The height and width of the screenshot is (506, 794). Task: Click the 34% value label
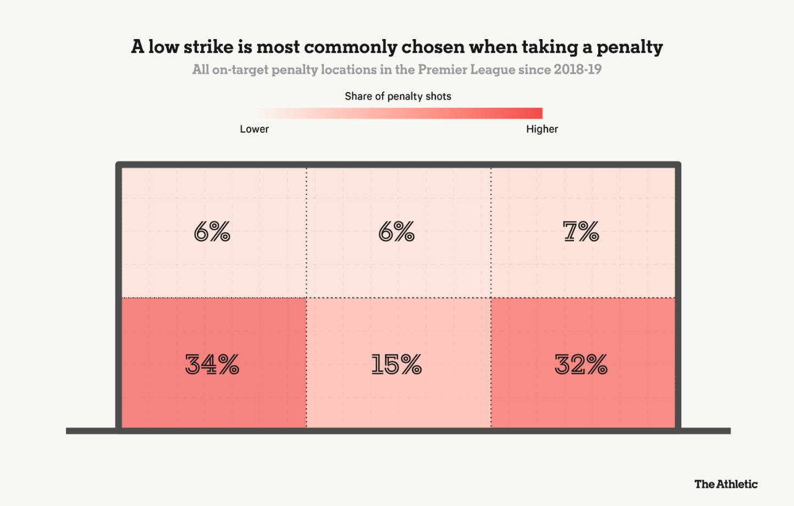pos(212,364)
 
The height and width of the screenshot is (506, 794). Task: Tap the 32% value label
pos(581,364)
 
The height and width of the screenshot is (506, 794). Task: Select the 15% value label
pos(396,364)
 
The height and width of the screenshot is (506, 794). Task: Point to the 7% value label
pos(581,232)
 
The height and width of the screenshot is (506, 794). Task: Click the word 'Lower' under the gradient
pos(254,129)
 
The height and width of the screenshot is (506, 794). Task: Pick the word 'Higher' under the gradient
pos(542,129)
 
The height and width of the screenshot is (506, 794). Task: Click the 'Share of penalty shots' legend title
pos(398,96)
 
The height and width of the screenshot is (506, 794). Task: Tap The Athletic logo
pos(726,484)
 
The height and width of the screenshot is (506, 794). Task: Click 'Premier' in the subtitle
pos(440,70)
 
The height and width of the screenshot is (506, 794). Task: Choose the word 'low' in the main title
pos(163,47)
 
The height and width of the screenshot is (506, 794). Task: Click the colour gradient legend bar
pos(399,113)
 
